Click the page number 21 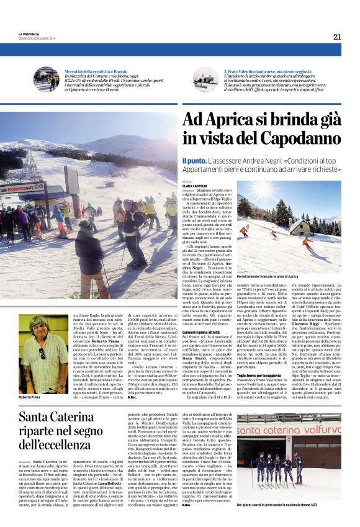(x=337, y=37)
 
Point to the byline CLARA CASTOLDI (x=195, y=186)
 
